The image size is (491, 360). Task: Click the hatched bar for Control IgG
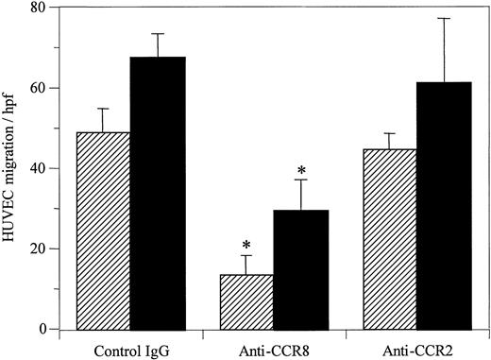click(x=103, y=231)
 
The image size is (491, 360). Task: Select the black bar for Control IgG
click(x=158, y=193)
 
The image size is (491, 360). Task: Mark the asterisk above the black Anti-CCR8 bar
click(x=301, y=171)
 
